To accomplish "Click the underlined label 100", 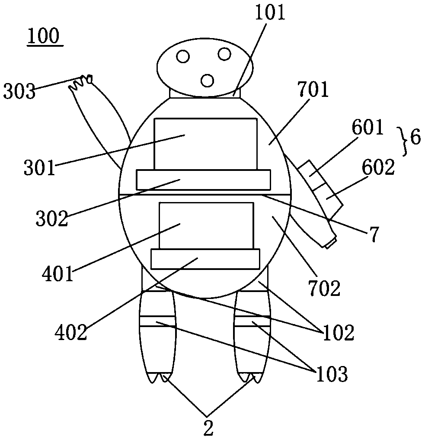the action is [44, 36].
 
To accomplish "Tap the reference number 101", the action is [270, 13].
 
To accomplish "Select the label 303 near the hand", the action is [19, 91].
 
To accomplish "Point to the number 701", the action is [313, 90].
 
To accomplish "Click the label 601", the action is [367, 127].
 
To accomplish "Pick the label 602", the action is [378, 167].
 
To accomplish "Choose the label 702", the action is [324, 288].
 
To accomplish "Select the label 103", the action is [332, 374].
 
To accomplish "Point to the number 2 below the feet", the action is [208, 428].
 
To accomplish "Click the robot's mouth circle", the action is [208, 80].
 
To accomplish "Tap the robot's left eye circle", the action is [183, 56].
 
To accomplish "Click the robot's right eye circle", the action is [224, 54].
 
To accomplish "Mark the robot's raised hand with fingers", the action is [81, 82].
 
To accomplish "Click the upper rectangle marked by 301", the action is [205, 144].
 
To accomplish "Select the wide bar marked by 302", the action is [204, 180].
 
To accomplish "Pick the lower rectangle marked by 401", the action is [206, 225].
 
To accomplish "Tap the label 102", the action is [339, 333].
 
